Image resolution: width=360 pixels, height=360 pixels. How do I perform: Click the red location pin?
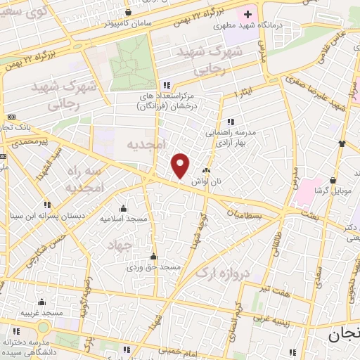click(x=181, y=165)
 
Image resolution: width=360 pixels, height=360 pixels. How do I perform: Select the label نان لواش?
click(x=209, y=181)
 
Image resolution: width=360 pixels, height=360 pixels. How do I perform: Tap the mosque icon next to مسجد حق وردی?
click(x=153, y=257)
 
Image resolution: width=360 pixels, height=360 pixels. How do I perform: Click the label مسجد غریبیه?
click(x=42, y=312)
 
